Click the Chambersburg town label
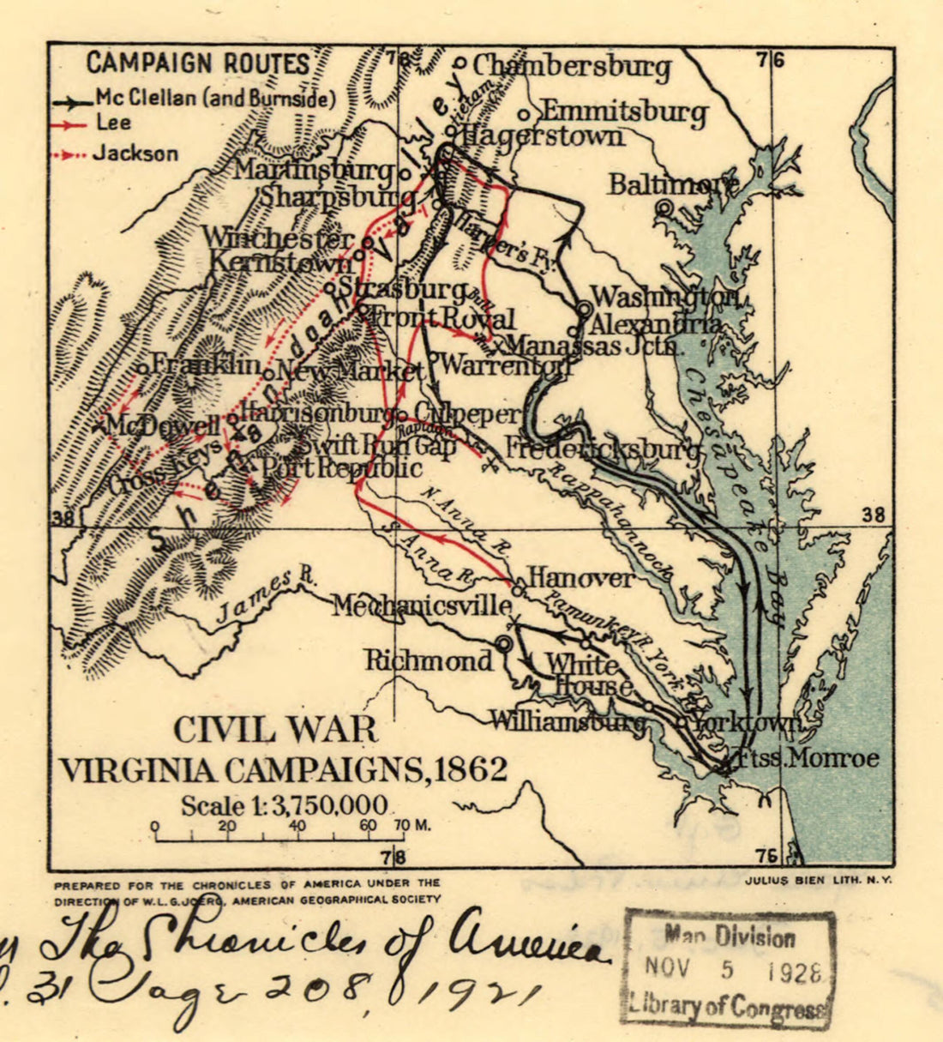pos(571,67)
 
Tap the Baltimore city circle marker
pos(664,207)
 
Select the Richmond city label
pos(429,660)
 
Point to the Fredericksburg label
pos(602,449)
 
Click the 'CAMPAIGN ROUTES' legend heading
pos(197,63)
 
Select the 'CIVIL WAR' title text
pos(275,730)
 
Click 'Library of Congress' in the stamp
pos(729,1003)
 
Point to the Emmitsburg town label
pos(624,112)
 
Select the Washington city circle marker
pos(585,307)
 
